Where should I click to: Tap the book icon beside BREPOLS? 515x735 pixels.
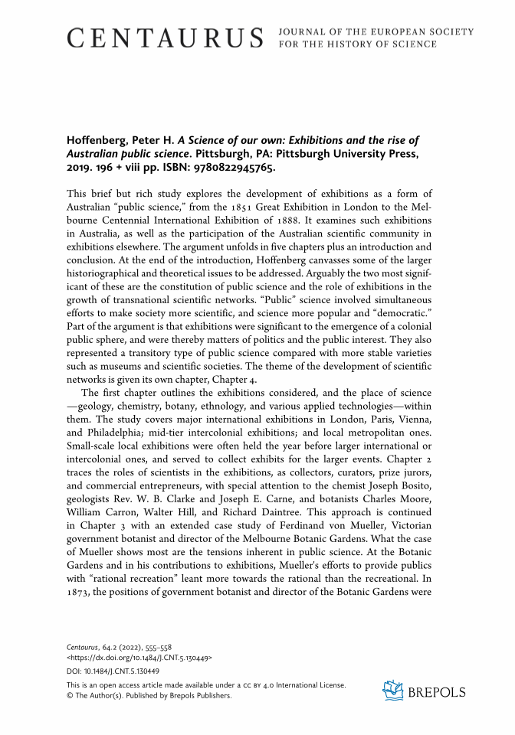tap(393, 691)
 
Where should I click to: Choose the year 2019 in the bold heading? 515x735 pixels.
tap(82, 167)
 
